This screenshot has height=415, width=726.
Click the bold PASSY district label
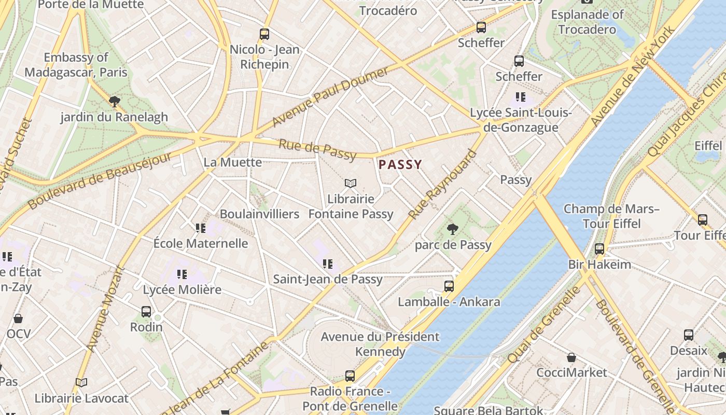400,165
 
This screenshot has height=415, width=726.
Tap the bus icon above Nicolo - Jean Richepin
264,35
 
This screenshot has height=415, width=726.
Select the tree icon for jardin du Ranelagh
114,101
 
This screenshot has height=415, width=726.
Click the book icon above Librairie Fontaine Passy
351,183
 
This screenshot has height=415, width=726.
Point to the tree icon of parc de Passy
453,229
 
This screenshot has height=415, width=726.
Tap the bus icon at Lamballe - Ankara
449,286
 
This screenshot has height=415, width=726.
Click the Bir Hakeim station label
599,265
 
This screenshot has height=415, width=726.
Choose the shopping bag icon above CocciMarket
571,357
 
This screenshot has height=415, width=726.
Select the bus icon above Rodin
146,312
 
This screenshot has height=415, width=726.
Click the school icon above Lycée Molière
181,274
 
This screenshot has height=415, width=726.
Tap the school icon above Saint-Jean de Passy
327,264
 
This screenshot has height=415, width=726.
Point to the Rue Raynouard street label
442,184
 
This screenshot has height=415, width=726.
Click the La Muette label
232,162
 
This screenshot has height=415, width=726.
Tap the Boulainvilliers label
259,214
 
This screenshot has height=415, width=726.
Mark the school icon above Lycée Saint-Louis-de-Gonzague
521,97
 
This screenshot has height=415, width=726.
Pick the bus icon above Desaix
689,335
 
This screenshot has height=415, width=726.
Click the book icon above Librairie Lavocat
81,383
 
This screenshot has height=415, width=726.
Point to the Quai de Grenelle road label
544,324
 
